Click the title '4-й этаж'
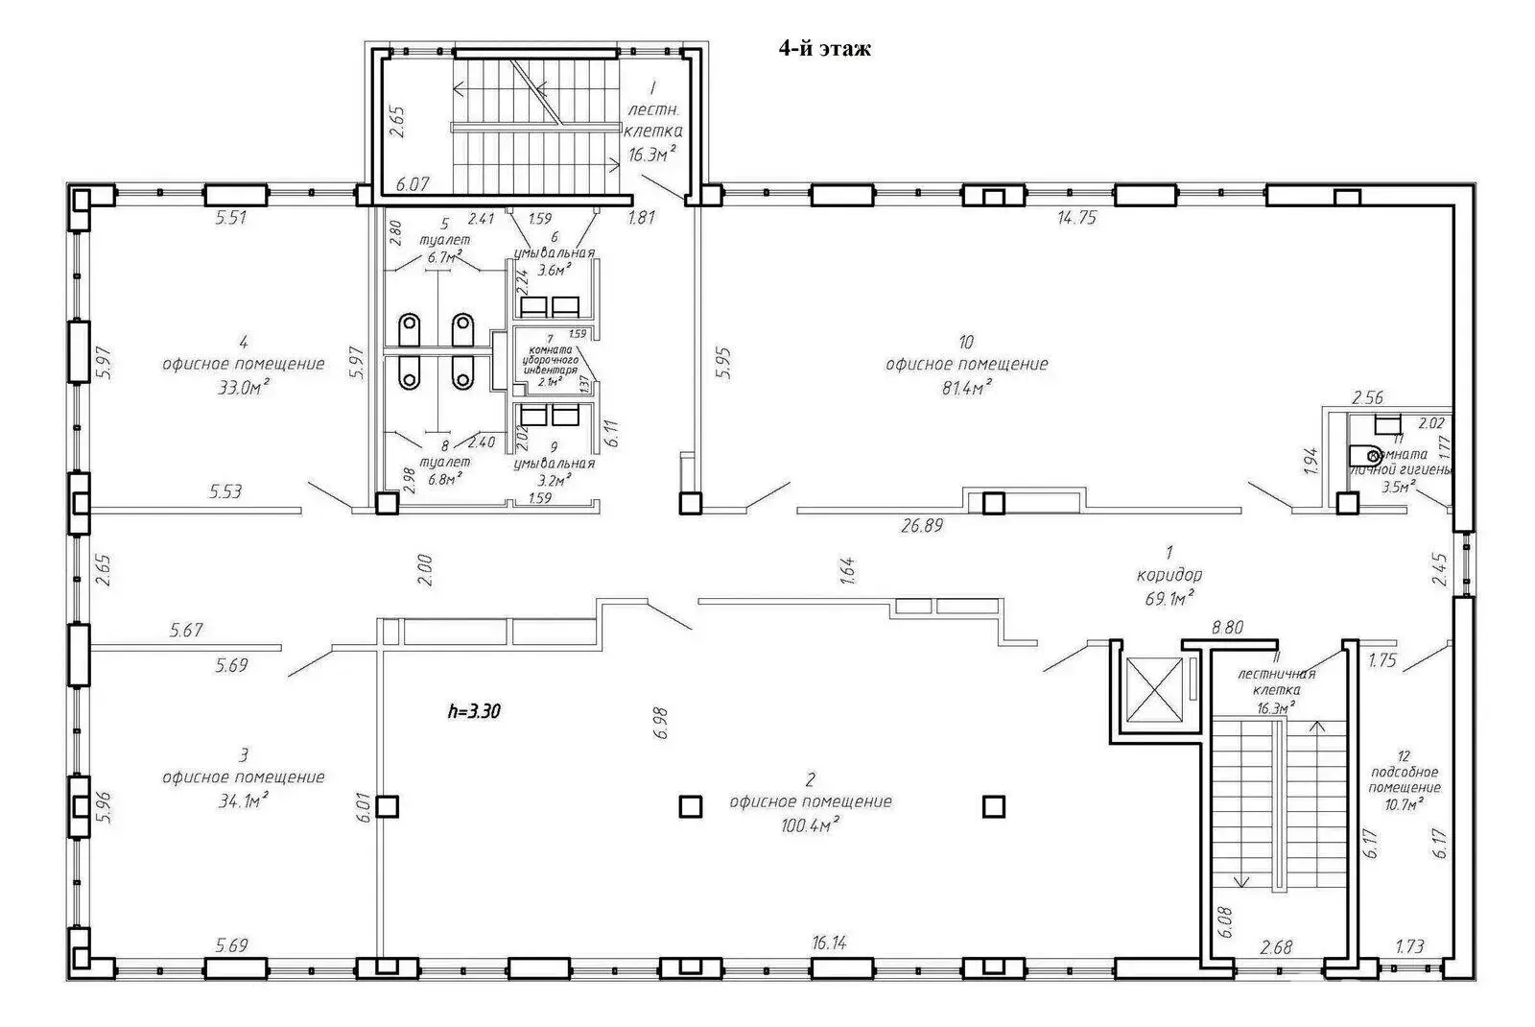(824, 49)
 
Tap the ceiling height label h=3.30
(475, 711)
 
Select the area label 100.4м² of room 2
(811, 823)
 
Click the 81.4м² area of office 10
(966, 386)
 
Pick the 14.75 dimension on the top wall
(1076, 219)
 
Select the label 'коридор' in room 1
(1169, 576)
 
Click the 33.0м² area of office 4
(243, 387)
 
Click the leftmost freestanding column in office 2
(387, 806)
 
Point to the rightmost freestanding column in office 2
(994, 806)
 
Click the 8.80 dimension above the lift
(1227, 629)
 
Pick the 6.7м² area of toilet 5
(444, 257)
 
